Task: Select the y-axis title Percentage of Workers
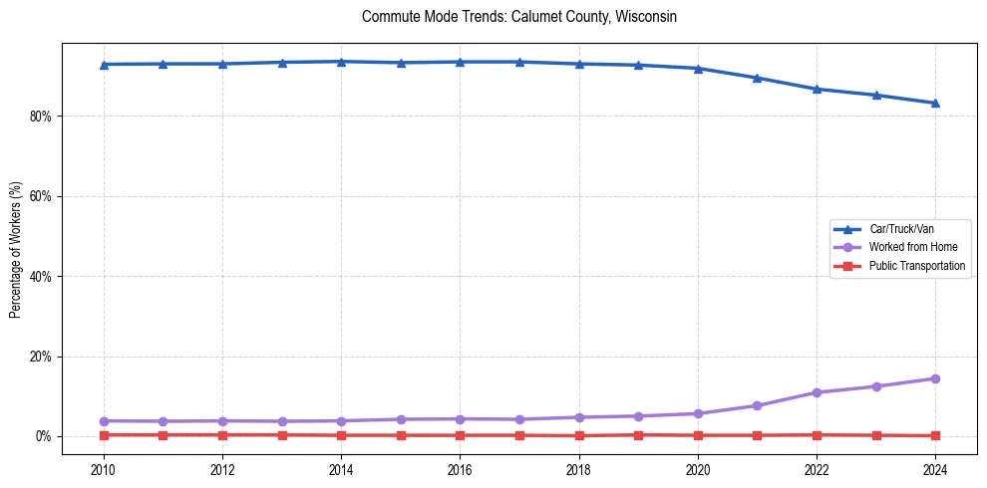click(15, 250)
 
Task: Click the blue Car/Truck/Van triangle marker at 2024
click(935, 103)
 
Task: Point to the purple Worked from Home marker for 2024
click(935, 378)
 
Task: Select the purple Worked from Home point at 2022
click(817, 392)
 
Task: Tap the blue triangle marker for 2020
click(698, 68)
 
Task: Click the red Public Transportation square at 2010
click(103, 435)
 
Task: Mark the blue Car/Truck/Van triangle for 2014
click(341, 62)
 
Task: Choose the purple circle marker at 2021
click(757, 405)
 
